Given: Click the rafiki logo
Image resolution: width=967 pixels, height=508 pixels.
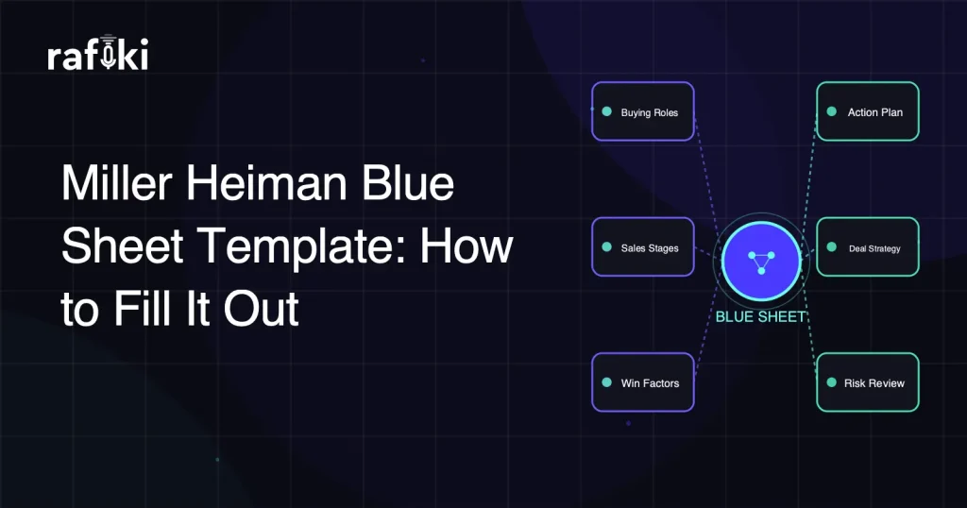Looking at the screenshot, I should click(97, 56).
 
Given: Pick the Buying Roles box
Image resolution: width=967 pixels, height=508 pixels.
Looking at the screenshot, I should click(643, 111).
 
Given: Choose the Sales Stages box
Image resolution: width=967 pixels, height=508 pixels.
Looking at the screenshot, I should click(643, 247).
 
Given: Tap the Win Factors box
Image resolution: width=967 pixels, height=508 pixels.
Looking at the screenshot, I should click(643, 382).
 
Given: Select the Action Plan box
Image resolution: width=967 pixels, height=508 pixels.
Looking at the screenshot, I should click(867, 111).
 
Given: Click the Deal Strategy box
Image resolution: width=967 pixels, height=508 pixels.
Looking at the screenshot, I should click(867, 247).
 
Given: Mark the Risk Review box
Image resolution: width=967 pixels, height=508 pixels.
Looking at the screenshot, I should click(867, 382).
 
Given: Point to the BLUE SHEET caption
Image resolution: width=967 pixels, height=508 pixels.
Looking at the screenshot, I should click(760, 317).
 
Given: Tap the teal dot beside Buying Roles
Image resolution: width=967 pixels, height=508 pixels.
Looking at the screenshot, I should click(606, 112).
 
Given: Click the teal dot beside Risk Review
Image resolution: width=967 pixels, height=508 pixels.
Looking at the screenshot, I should click(831, 382).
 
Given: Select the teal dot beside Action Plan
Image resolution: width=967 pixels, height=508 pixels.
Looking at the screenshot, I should click(831, 111).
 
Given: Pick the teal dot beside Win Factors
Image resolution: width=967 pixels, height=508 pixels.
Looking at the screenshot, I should click(606, 382).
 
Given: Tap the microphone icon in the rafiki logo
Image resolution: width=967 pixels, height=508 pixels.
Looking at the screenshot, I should click(109, 54).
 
